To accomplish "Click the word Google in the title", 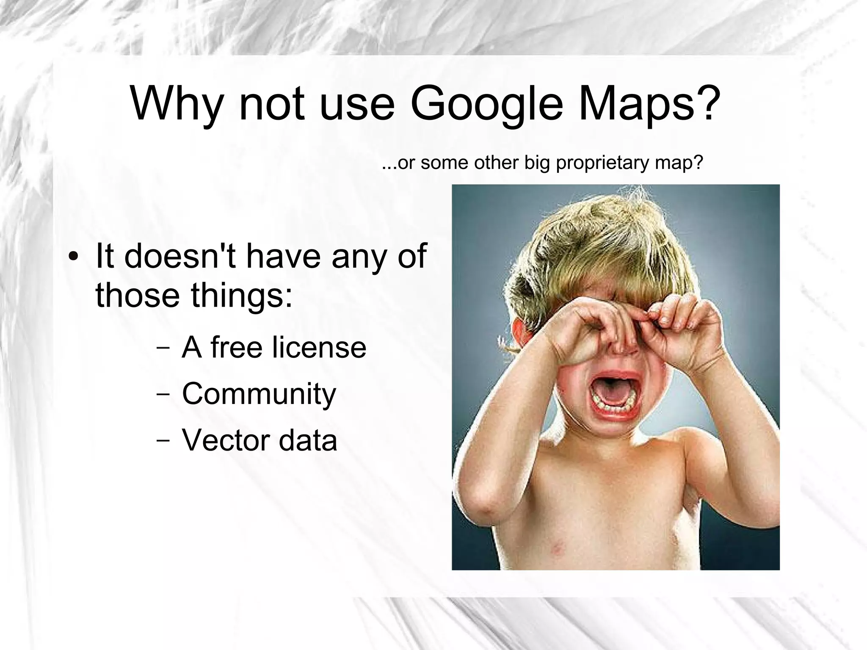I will (x=487, y=104).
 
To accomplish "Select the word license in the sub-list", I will (x=319, y=347).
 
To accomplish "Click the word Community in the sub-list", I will (x=259, y=394).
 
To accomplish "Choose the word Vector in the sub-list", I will (x=225, y=440).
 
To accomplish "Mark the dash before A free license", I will (x=163, y=348).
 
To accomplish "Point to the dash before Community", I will (x=163, y=394).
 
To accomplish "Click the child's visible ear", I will (x=516, y=339).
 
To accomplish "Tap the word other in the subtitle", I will (x=497, y=163).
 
